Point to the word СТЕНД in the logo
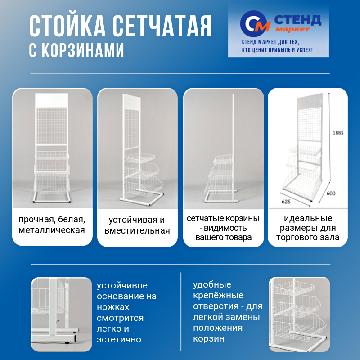tap(297, 19)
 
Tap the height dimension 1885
tap(338, 133)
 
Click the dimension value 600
tap(332, 193)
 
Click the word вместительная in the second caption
tap(137, 231)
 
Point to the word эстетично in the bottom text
tap(119, 339)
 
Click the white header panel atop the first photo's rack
tap(52, 99)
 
